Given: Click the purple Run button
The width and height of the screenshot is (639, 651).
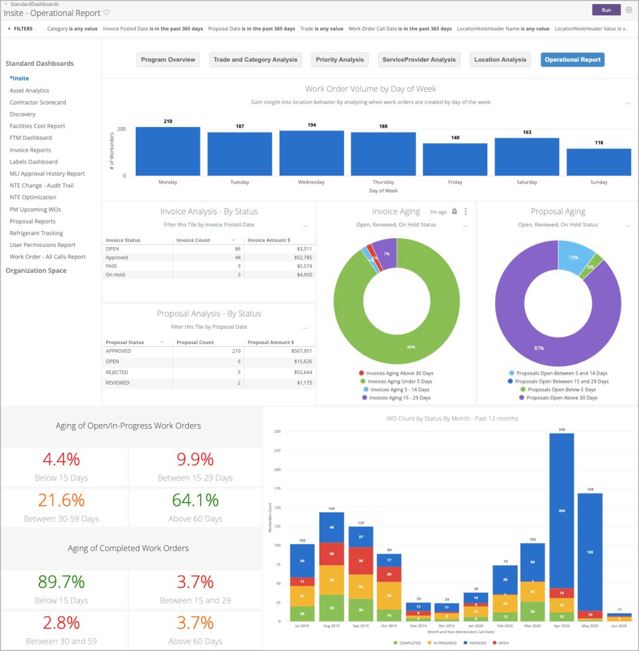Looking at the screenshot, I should click(x=606, y=10).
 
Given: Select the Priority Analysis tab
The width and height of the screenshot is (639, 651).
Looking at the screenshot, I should click(x=339, y=60).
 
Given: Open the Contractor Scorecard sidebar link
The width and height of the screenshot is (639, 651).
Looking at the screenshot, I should click(x=37, y=103).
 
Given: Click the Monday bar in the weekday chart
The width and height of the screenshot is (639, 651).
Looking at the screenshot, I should click(x=168, y=152).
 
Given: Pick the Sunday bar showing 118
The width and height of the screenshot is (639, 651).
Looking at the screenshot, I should click(x=598, y=162).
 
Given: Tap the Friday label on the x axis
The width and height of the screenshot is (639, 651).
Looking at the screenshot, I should click(x=455, y=182).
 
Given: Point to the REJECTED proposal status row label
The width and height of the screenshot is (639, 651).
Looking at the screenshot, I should click(x=117, y=372).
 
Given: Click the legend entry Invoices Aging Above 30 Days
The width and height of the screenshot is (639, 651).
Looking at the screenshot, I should click(x=399, y=373).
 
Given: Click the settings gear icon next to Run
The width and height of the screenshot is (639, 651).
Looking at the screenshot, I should click(x=629, y=10).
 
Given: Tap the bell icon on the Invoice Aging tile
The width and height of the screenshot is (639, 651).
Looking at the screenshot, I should click(x=455, y=212).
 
